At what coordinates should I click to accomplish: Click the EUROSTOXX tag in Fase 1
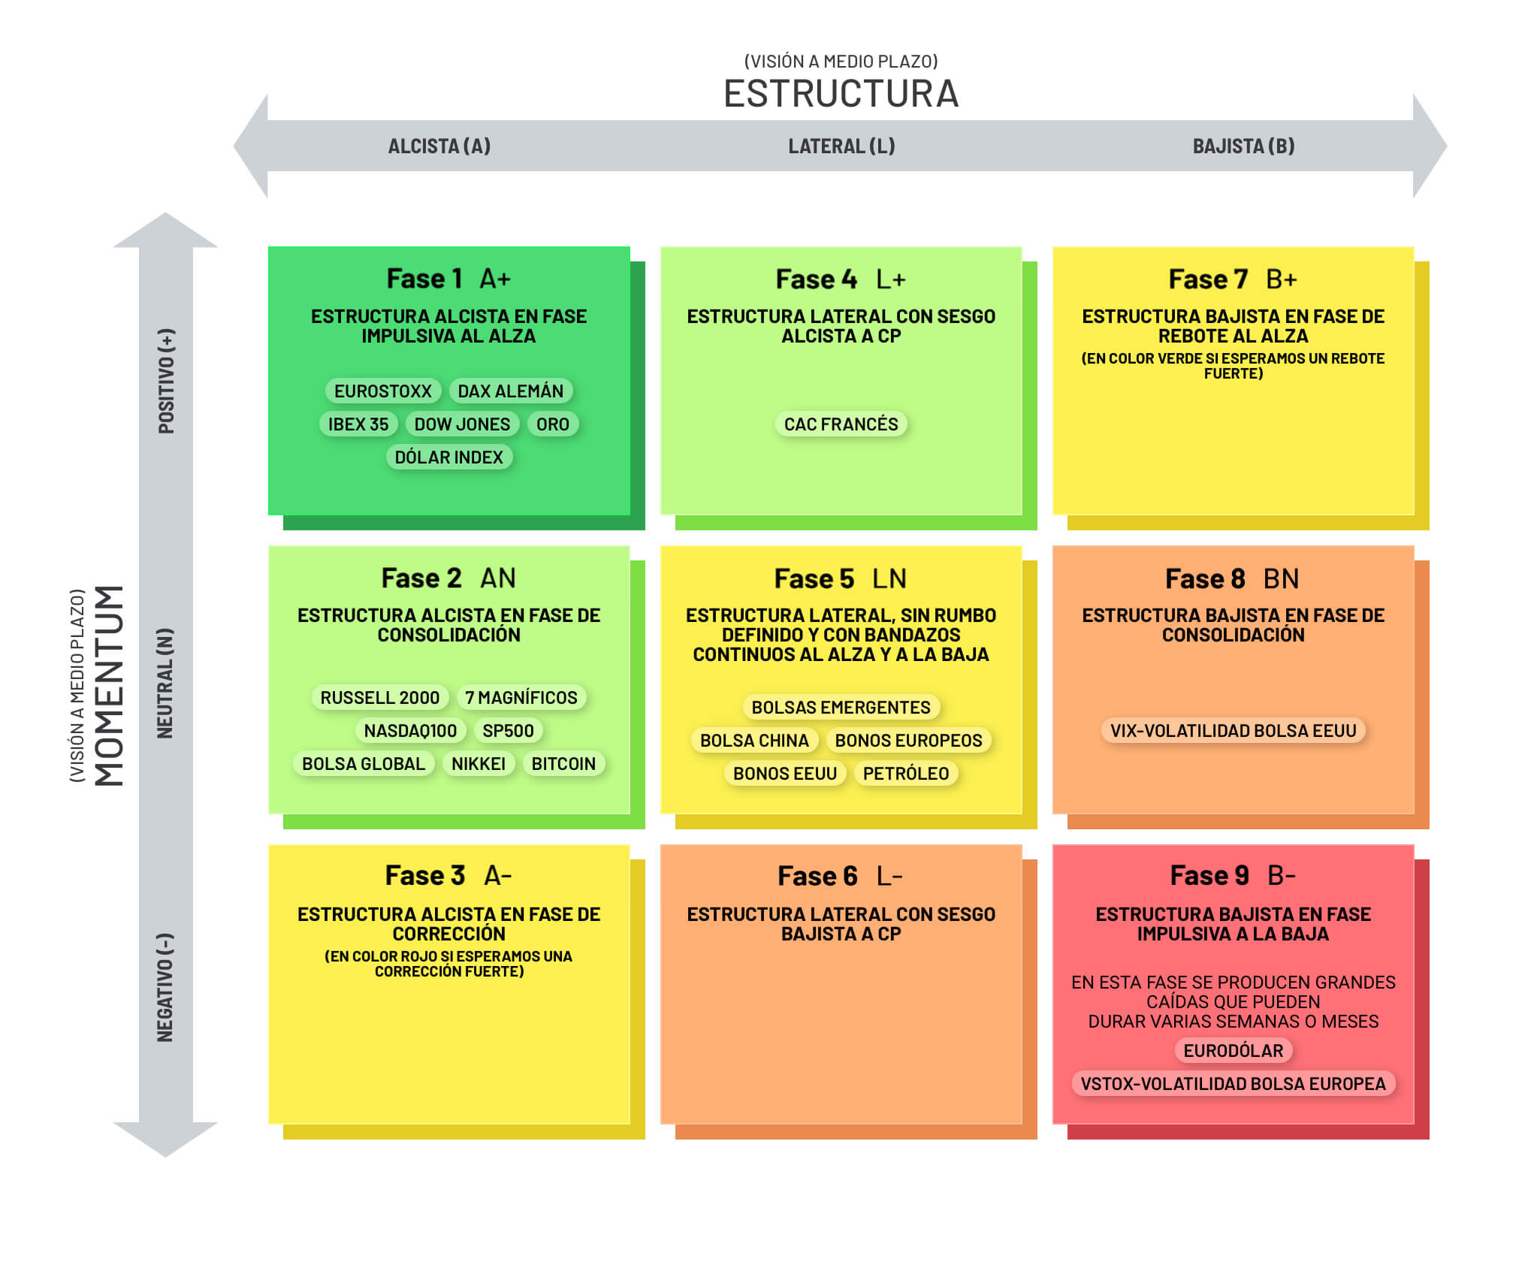point(382,391)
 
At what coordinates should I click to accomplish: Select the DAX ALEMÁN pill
point(510,391)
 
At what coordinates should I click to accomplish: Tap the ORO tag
point(552,424)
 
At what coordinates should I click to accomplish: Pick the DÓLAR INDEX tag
point(448,457)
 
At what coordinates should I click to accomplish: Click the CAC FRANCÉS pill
point(841,424)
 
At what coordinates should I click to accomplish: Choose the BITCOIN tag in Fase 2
point(563,764)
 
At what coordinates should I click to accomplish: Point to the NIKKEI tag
point(478,764)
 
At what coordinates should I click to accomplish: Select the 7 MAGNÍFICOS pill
point(521,698)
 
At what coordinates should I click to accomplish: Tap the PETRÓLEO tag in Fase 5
point(905,774)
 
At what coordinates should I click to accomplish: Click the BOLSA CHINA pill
point(754,741)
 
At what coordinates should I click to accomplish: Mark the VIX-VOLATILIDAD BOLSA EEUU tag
point(1233,731)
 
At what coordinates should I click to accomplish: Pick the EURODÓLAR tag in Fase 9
point(1233,1051)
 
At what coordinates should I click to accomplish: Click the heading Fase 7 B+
point(1233,279)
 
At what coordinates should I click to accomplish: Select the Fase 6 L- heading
point(840,876)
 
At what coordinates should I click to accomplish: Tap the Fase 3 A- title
point(448,876)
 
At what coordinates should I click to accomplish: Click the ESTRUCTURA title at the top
point(841,94)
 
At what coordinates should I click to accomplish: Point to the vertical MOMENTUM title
point(109,685)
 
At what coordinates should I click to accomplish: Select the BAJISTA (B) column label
point(1243,146)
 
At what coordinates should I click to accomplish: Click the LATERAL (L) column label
point(841,146)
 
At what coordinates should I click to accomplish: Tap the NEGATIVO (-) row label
point(165,987)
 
